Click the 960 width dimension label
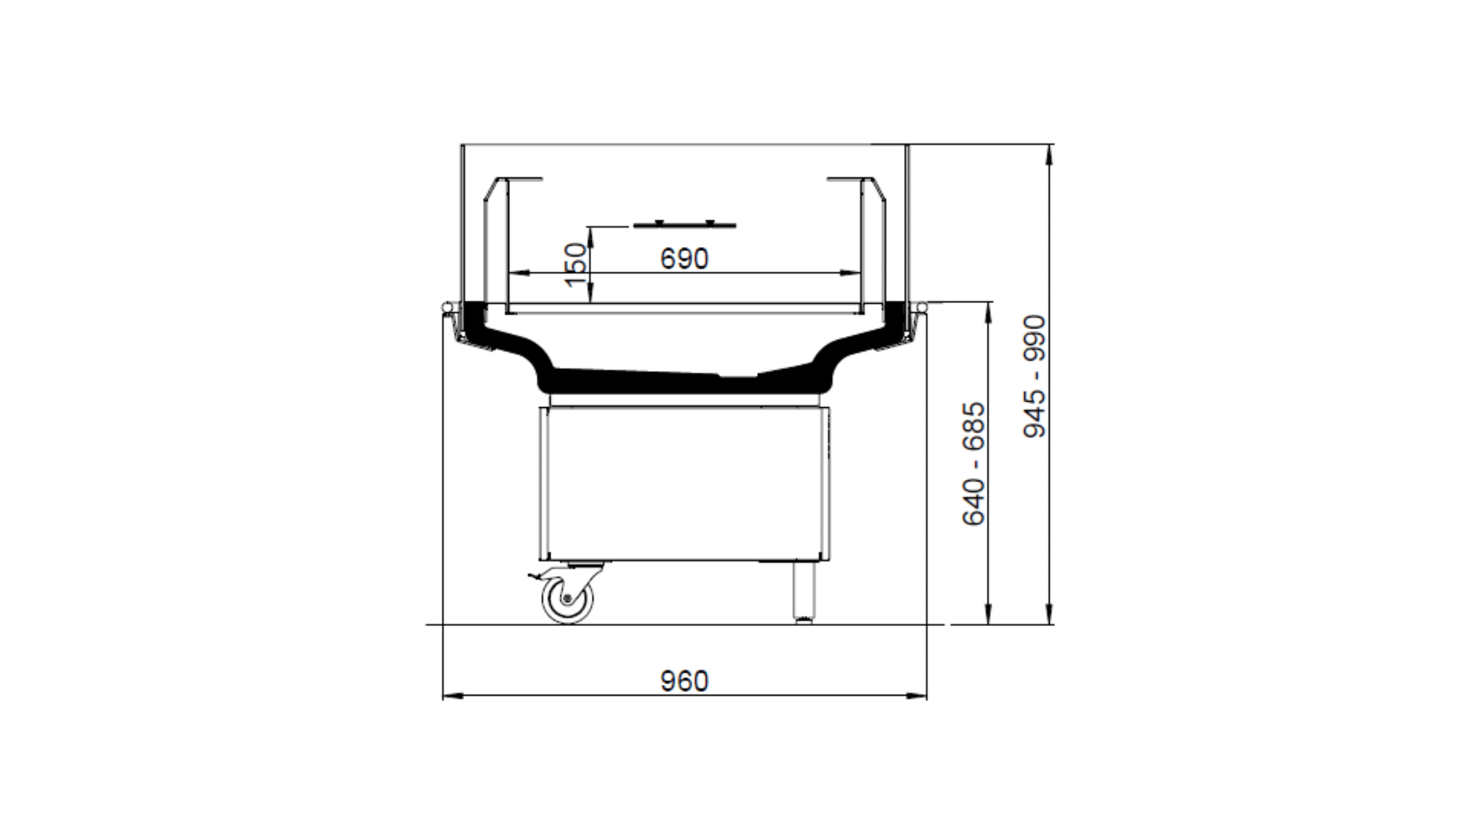[684, 681]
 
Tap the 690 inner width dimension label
[684, 258]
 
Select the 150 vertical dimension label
[576, 265]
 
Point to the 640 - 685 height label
[974, 463]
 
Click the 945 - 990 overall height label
[1034, 376]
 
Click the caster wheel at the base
[567, 599]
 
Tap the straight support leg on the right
[804, 591]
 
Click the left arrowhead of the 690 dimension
[519, 273]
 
